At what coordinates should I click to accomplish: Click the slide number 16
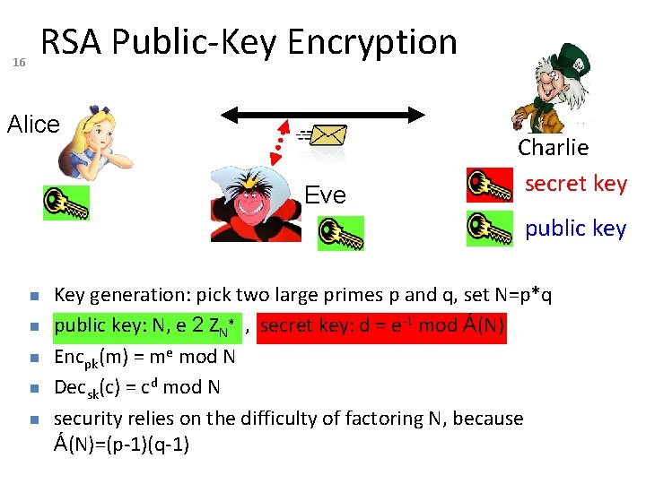click(19, 62)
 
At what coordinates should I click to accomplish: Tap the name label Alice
click(33, 125)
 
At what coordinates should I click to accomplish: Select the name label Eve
click(325, 195)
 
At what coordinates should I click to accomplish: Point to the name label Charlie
click(554, 147)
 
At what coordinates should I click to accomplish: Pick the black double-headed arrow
click(323, 114)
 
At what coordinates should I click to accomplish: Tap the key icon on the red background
click(490, 185)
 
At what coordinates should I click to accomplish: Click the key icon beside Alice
click(66, 203)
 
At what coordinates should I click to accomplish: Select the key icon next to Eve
click(340, 233)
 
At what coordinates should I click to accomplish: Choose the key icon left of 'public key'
click(490, 228)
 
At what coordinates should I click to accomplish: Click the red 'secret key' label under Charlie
click(575, 184)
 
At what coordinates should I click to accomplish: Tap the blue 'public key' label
click(575, 229)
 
